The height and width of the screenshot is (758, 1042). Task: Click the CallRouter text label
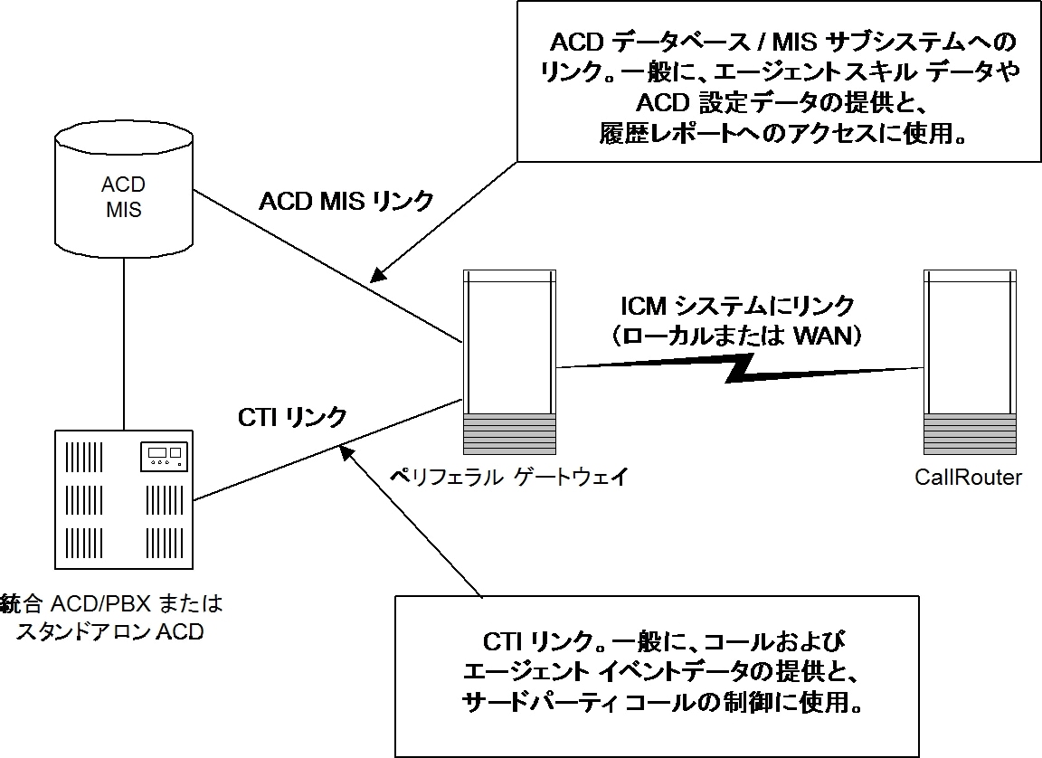[x=968, y=478]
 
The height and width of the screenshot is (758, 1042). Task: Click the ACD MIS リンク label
[x=346, y=201]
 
